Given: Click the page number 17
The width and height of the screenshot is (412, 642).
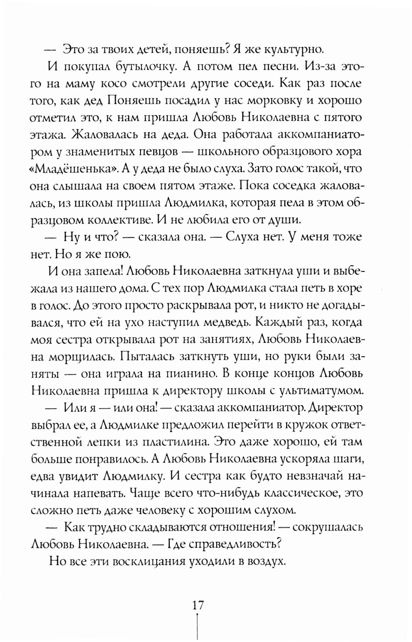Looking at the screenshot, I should pyautogui.click(x=198, y=605).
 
